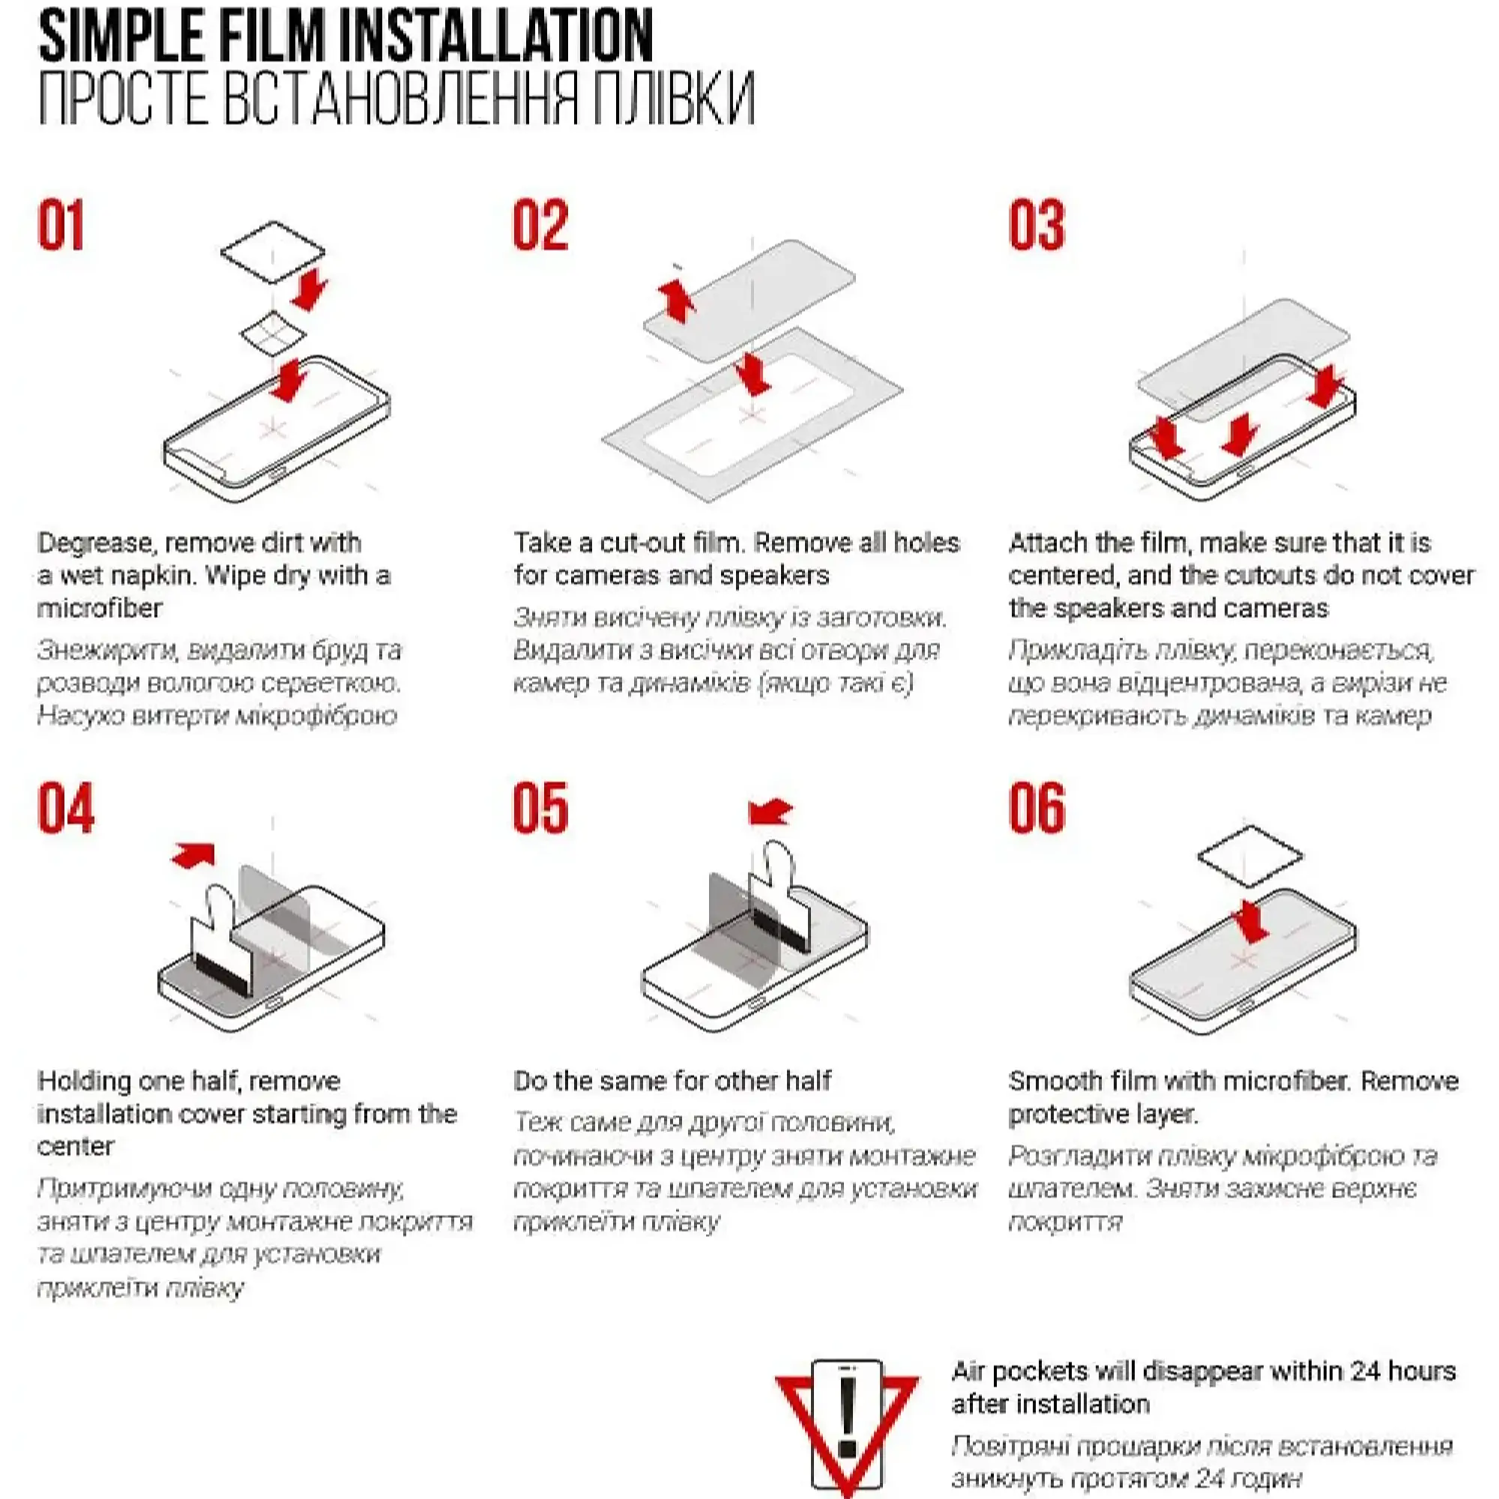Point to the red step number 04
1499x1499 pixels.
(66, 808)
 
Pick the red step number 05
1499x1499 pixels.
(541, 808)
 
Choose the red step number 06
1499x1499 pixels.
(1037, 808)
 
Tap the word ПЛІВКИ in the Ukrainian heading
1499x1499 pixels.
(674, 98)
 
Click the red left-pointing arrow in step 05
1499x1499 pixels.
(770, 812)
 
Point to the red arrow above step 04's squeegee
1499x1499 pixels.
(193, 855)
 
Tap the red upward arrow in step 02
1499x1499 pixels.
(677, 301)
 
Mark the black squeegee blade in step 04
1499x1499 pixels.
(222, 975)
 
